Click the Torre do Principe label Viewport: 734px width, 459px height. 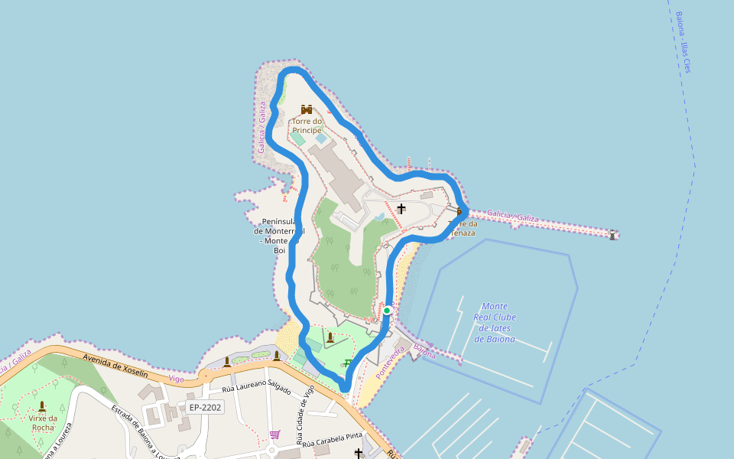click(307, 125)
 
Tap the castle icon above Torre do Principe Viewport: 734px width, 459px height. click(307, 109)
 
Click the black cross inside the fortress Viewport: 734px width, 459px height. click(401, 208)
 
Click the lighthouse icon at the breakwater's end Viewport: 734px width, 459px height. click(612, 234)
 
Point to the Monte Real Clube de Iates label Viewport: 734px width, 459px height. click(495, 322)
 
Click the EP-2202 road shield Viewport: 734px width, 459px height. click(205, 407)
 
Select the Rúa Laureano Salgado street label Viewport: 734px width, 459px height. click(256, 389)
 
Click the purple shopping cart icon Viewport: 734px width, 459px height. click(274, 435)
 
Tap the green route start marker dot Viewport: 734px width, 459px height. click(387, 310)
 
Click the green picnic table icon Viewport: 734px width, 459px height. click(348, 363)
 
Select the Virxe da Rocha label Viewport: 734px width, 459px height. click(42, 422)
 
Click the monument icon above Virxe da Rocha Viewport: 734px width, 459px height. click(41, 405)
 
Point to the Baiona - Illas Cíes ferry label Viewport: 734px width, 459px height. click(683, 42)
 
